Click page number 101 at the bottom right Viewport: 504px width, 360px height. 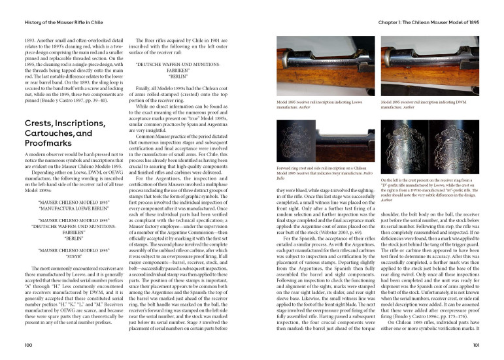(x=477, y=344)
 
